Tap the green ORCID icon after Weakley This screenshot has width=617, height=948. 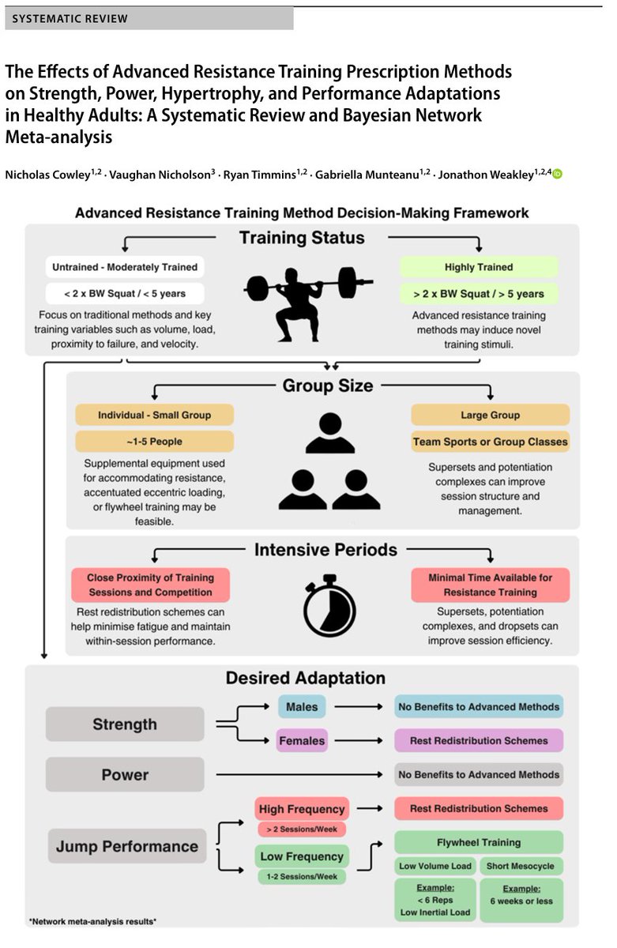(557, 174)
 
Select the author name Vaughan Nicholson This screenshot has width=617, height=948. (162, 175)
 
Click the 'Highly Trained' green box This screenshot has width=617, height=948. (479, 267)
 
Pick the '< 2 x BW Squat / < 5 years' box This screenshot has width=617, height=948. (125, 293)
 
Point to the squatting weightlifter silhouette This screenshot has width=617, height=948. (307, 304)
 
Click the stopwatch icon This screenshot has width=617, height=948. (329, 605)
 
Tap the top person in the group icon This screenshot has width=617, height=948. (330, 433)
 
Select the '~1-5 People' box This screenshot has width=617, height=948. (155, 442)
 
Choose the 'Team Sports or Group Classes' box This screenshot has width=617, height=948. (490, 442)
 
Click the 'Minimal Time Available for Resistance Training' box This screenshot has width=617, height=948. (490, 585)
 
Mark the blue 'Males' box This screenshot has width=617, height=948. (302, 706)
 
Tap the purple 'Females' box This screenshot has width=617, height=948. (302, 740)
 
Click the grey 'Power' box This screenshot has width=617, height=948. (125, 774)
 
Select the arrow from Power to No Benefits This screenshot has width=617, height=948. (299, 774)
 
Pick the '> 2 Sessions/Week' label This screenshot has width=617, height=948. (302, 829)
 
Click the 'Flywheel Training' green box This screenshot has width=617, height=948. (479, 842)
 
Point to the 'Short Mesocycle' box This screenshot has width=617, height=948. (520, 866)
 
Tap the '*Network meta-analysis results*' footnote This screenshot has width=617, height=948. (92, 921)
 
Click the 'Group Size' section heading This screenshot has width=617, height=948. (328, 386)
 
